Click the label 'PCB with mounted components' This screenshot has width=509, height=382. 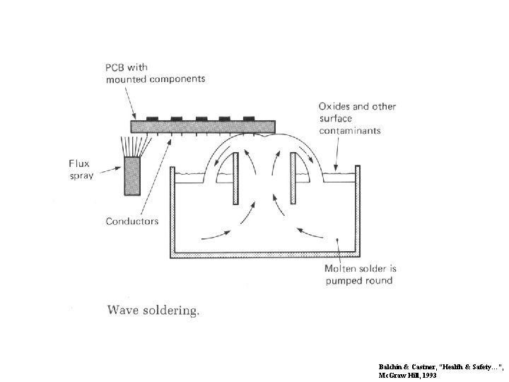point(155,72)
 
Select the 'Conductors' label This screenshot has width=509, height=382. point(132,221)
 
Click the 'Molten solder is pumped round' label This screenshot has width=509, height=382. point(361,274)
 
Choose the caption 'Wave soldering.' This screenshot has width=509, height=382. point(153,309)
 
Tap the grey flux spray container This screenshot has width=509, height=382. point(134,176)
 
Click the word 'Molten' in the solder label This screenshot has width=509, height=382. point(340,269)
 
